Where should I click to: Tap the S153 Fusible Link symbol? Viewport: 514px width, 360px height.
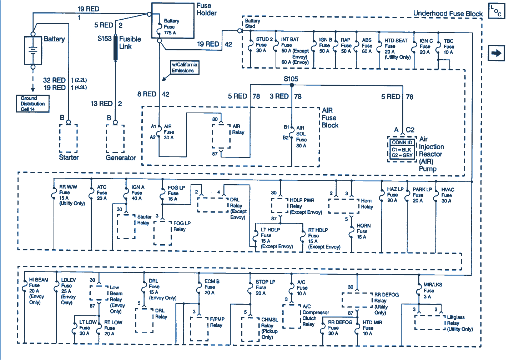[x=116, y=47]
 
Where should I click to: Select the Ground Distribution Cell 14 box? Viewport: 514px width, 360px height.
[x=32, y=104]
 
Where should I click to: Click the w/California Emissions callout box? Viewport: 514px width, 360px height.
[x=184, y=67]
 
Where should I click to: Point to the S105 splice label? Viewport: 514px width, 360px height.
[x=291, y=79]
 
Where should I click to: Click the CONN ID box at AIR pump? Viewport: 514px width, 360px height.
[x=402, y=149]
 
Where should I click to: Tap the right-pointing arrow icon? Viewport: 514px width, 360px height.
[x=496, y=53]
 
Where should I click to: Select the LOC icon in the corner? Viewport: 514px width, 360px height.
[x=497, y=11]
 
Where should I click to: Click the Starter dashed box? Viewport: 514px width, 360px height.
[x=69, y=139]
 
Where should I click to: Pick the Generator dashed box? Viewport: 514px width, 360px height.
[x=115, y=139]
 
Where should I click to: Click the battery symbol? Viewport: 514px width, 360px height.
[x=33, y=50]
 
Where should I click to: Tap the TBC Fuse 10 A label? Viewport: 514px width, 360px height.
[x=449, y=46]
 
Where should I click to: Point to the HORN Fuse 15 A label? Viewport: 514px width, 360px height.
[x=363, y=231]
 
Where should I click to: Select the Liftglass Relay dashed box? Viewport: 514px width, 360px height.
[x=430, y=322]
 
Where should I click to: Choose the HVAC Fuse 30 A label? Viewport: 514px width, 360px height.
[x=447, y=195]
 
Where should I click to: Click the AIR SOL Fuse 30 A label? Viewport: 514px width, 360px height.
[x=301, y=136]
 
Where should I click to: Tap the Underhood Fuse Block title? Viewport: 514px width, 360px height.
[x=448, y=14]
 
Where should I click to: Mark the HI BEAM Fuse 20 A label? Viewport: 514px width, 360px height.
[x=37, y=291]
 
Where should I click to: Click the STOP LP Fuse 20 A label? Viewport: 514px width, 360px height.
[x=264, y=287]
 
